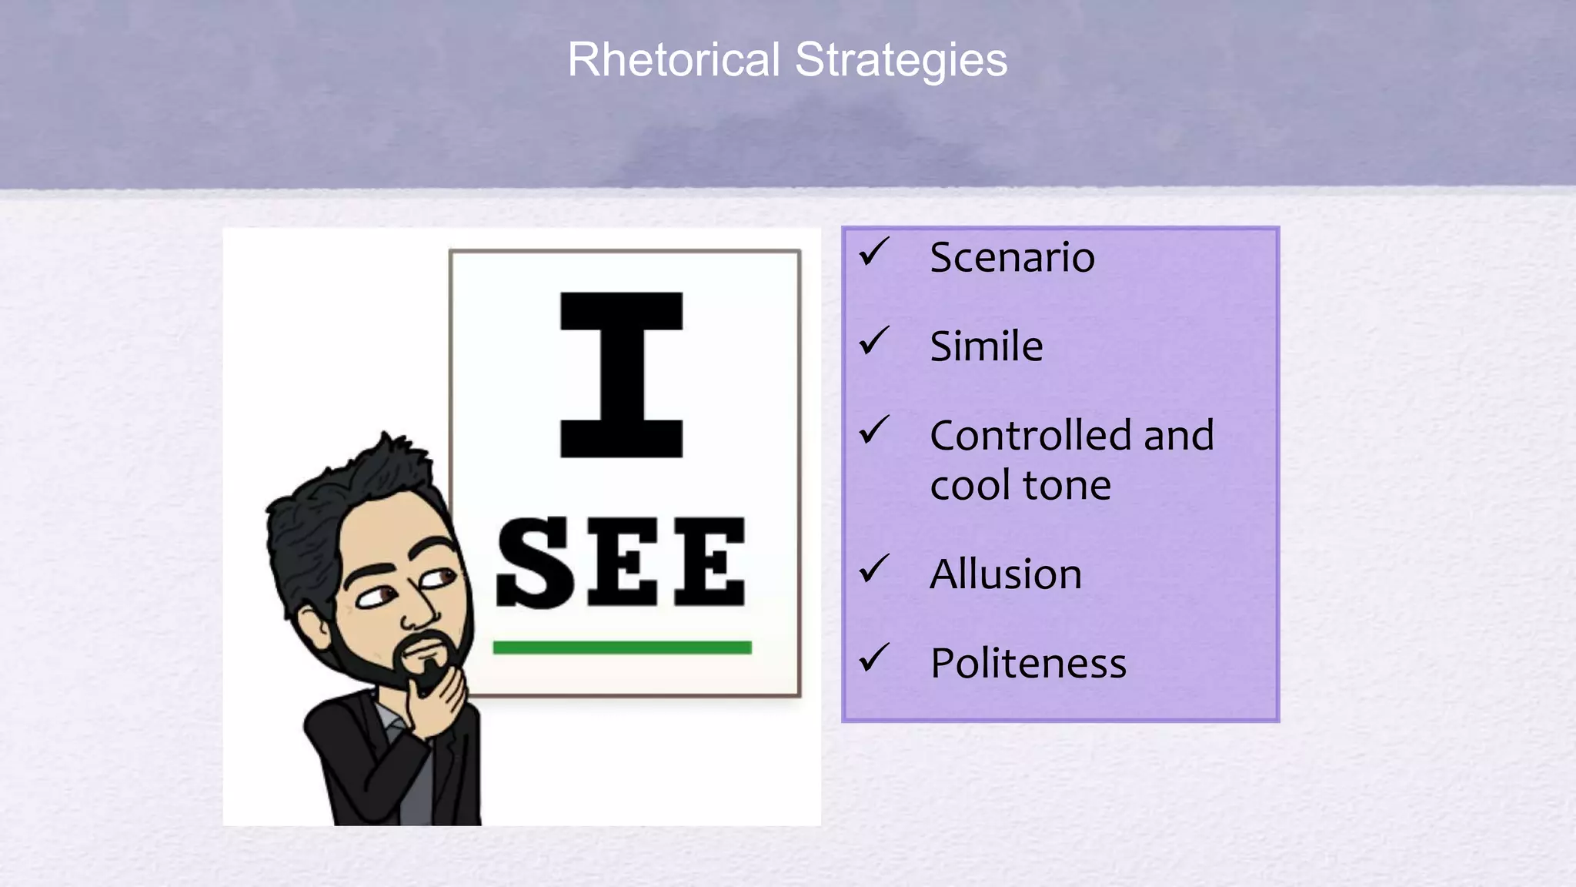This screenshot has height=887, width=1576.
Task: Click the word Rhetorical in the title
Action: point(673,60)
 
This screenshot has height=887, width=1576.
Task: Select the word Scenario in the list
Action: point(1012,257)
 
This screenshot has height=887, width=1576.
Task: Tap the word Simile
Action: point(987,346)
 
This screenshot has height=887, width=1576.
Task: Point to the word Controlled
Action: point(1030,436)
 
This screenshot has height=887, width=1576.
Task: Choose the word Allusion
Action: point(1006,574)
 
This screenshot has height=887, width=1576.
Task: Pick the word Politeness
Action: point(1028,664)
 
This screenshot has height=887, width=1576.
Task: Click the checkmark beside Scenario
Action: point(874,252)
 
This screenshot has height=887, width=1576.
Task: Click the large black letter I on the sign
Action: point(621,375)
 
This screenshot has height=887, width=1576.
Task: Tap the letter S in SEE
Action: point(536,562)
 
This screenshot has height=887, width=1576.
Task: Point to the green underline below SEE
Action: point(622,648)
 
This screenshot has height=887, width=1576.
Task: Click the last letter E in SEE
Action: point(710,562)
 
